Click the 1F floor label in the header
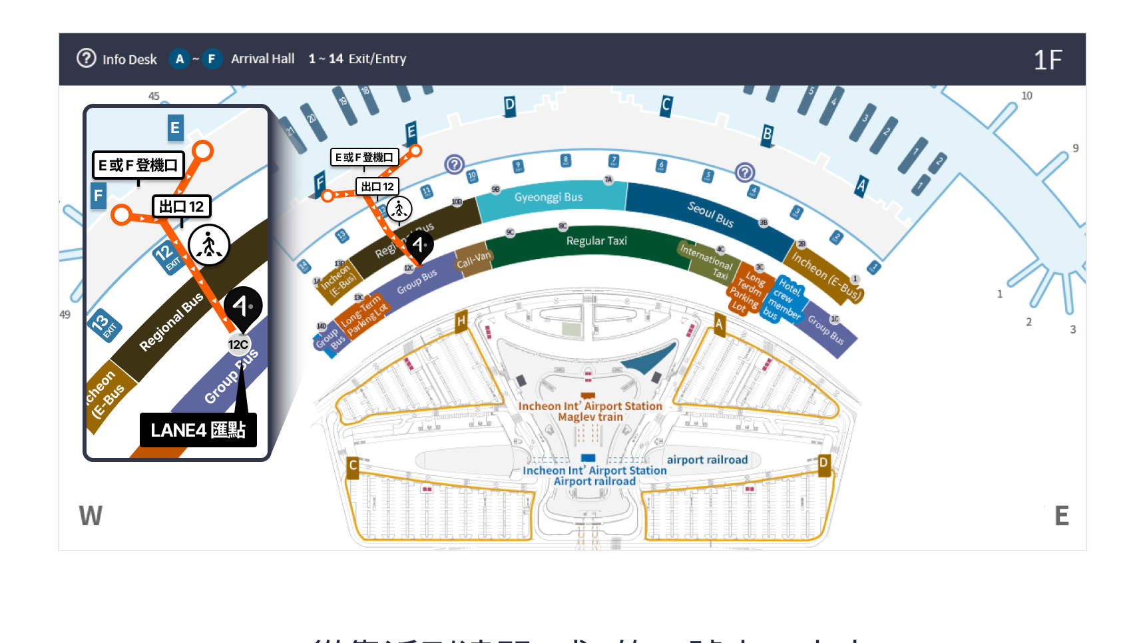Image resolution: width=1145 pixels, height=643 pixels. [x=1047, y=60]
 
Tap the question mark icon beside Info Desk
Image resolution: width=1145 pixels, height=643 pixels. [x=87, y=59]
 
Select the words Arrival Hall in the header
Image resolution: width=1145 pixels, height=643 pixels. [x=262, y=59]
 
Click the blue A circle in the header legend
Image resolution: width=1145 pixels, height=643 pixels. [x=179, y=59]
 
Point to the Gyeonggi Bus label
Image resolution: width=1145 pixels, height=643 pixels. [x=548, y=197]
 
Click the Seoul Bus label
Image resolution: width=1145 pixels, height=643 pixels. [x=710, y=214]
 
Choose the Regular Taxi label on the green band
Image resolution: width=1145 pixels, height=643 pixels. [x=596, y=241]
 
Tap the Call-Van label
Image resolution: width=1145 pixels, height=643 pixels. [x=473, y=259]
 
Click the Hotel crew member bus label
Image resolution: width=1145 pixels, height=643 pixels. [x=785, y=299]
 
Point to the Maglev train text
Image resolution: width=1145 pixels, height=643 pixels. [x=590, y=417]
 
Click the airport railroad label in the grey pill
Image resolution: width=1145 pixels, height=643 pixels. [x=707, y=460]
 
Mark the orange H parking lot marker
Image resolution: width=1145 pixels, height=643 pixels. [x=461, y=321]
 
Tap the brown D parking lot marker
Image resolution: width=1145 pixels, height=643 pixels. [x=823, y=463]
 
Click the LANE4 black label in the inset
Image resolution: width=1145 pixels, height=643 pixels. [x=198, y=430]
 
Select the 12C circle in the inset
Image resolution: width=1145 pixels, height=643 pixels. [x=238, y=345]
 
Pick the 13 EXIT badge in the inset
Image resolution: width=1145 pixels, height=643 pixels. [x=105, y=324]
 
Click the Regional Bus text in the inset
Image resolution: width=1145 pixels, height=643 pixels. [x=171, y=322]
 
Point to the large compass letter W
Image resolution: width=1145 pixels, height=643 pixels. [x=91, y=516]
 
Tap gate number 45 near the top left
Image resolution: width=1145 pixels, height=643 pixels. [x=154, y=96]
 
